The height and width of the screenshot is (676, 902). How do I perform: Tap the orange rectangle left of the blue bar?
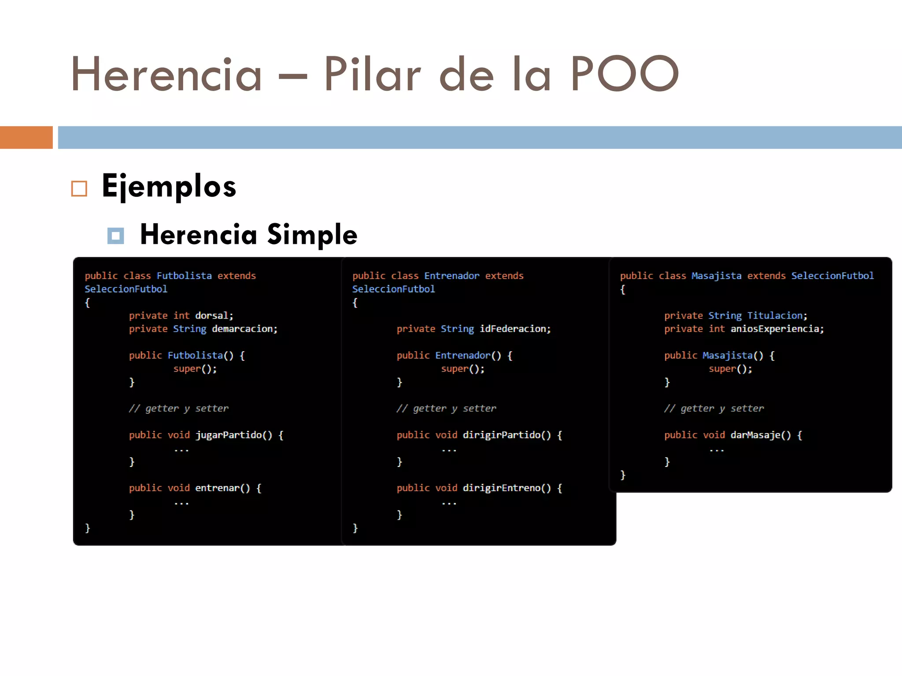tap(26, 137)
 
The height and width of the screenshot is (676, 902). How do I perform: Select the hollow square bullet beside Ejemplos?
tap(79, 189)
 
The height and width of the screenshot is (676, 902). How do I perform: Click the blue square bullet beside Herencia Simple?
tap(116, 236)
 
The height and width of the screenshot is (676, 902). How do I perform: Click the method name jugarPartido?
tap(228, 435)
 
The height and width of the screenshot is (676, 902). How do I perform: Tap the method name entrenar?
tap(217, 488)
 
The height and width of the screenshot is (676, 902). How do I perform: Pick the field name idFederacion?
tap(512, 329)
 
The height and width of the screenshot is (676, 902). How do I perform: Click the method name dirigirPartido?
tap(501, 435)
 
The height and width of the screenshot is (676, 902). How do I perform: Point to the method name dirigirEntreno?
tap(501, 488)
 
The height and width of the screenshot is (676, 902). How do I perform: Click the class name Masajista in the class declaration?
tap(716, 276)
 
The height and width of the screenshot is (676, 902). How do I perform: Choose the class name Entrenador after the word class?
tap(451, 276)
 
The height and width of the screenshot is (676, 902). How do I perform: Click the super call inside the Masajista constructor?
tap(722, 369)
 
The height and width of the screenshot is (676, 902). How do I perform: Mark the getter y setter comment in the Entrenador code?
tap(446, 408)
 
